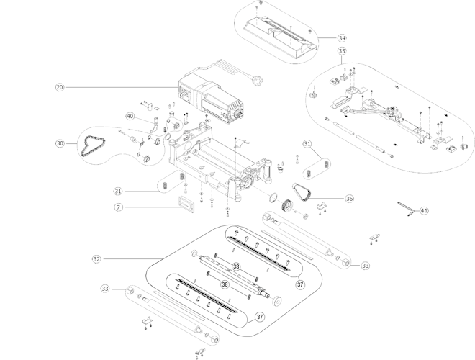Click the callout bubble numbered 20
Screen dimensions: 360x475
coord(60,87)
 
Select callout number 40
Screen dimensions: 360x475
coord(130,116)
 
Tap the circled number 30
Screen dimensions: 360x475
coord(60,143)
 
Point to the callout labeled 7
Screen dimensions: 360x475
coord(117,207)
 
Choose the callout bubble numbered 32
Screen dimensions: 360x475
coord(97,258)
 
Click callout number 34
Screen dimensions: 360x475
coord(342,37)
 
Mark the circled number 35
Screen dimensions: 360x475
coord(342,51)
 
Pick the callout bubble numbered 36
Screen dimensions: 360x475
coord(349,199)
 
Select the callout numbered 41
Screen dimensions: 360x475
coord(424,211)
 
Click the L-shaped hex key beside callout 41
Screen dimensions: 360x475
coord(405,209)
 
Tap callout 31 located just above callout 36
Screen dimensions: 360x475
coord(307,144)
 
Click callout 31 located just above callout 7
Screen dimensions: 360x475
coord(117,191)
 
